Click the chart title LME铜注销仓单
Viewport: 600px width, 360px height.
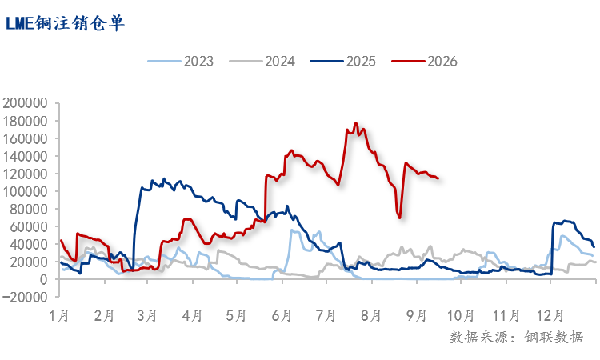[65, 23]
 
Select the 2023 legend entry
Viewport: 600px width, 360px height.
[181, 62]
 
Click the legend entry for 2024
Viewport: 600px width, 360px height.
[262, 62]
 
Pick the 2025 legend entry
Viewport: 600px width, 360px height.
[343, 62]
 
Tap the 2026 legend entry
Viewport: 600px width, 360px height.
[424, 62]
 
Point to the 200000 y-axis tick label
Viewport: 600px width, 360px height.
[25, 103]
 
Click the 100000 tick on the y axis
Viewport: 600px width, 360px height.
[25, 191]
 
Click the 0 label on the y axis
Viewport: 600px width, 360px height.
[43, 279]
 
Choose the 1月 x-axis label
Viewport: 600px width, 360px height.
[59, 316]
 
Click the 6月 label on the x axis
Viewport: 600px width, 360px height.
[282, 316]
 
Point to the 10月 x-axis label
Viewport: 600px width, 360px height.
[461, 316]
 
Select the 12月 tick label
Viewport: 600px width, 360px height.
[550, 316]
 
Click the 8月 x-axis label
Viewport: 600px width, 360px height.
[371, 316]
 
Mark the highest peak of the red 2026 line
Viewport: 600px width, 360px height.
[356, 123]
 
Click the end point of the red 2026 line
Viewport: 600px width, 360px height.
[438, 178]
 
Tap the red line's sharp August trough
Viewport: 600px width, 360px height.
[399, 218]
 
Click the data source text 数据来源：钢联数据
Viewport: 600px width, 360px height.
[516, 338]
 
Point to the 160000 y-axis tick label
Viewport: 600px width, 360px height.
[25, 138]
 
